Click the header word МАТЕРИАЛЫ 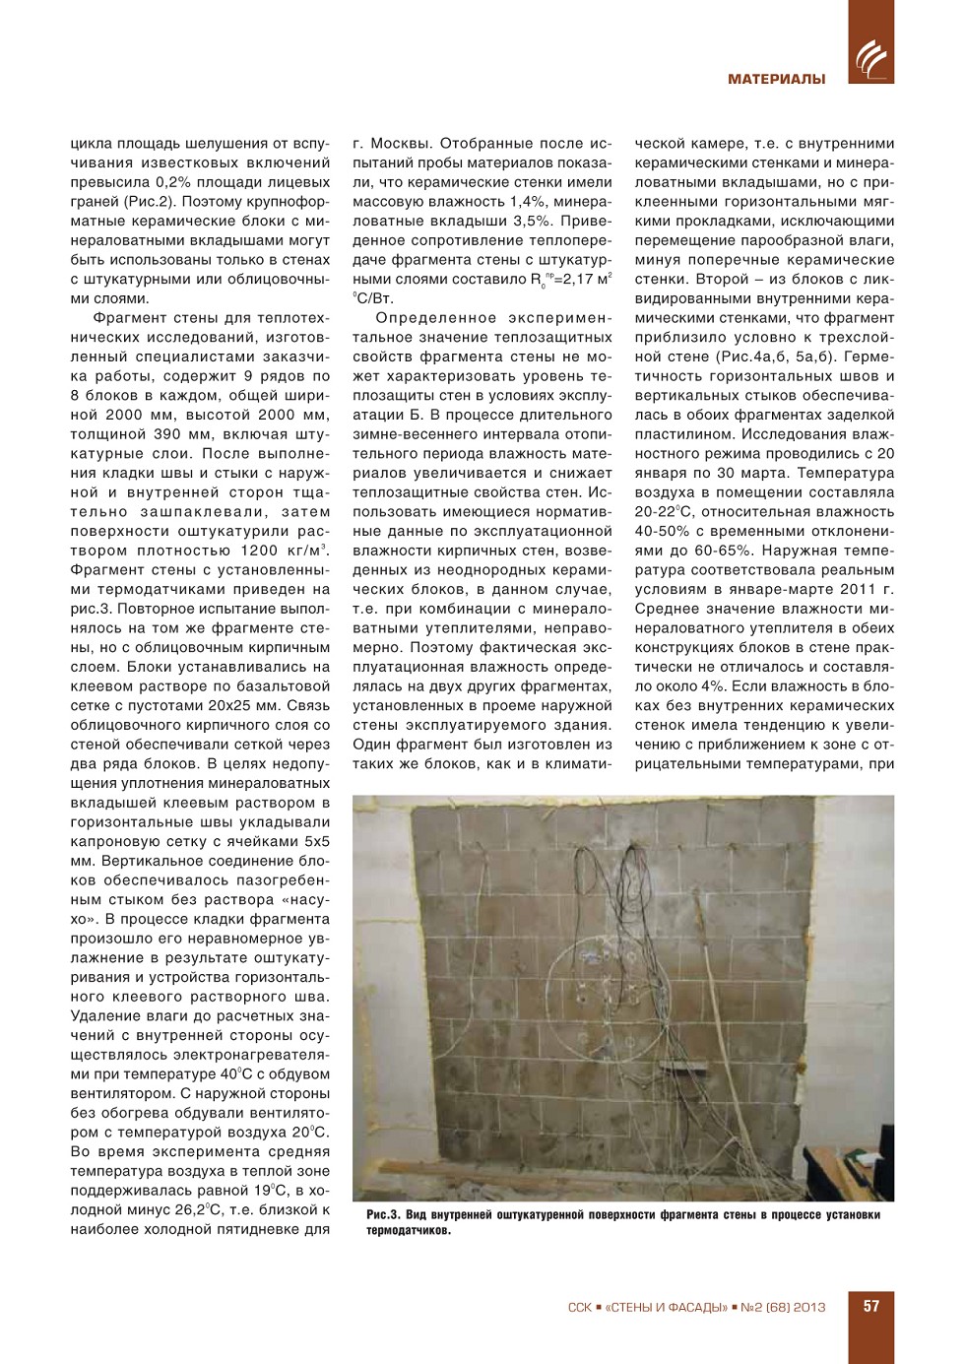pyautogui.click(x=776, y=79)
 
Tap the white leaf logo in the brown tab pyautogui.click(x=870, y=59)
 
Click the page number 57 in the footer pyautogui.click(x=871, y=1306)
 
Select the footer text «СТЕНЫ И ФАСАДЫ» pyautogui.click(x=666, y=1308)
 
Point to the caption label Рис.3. pyautogui.click(x=382, y=1215)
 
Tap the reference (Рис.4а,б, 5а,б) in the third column pyautogui.click(x=803, y=357)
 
